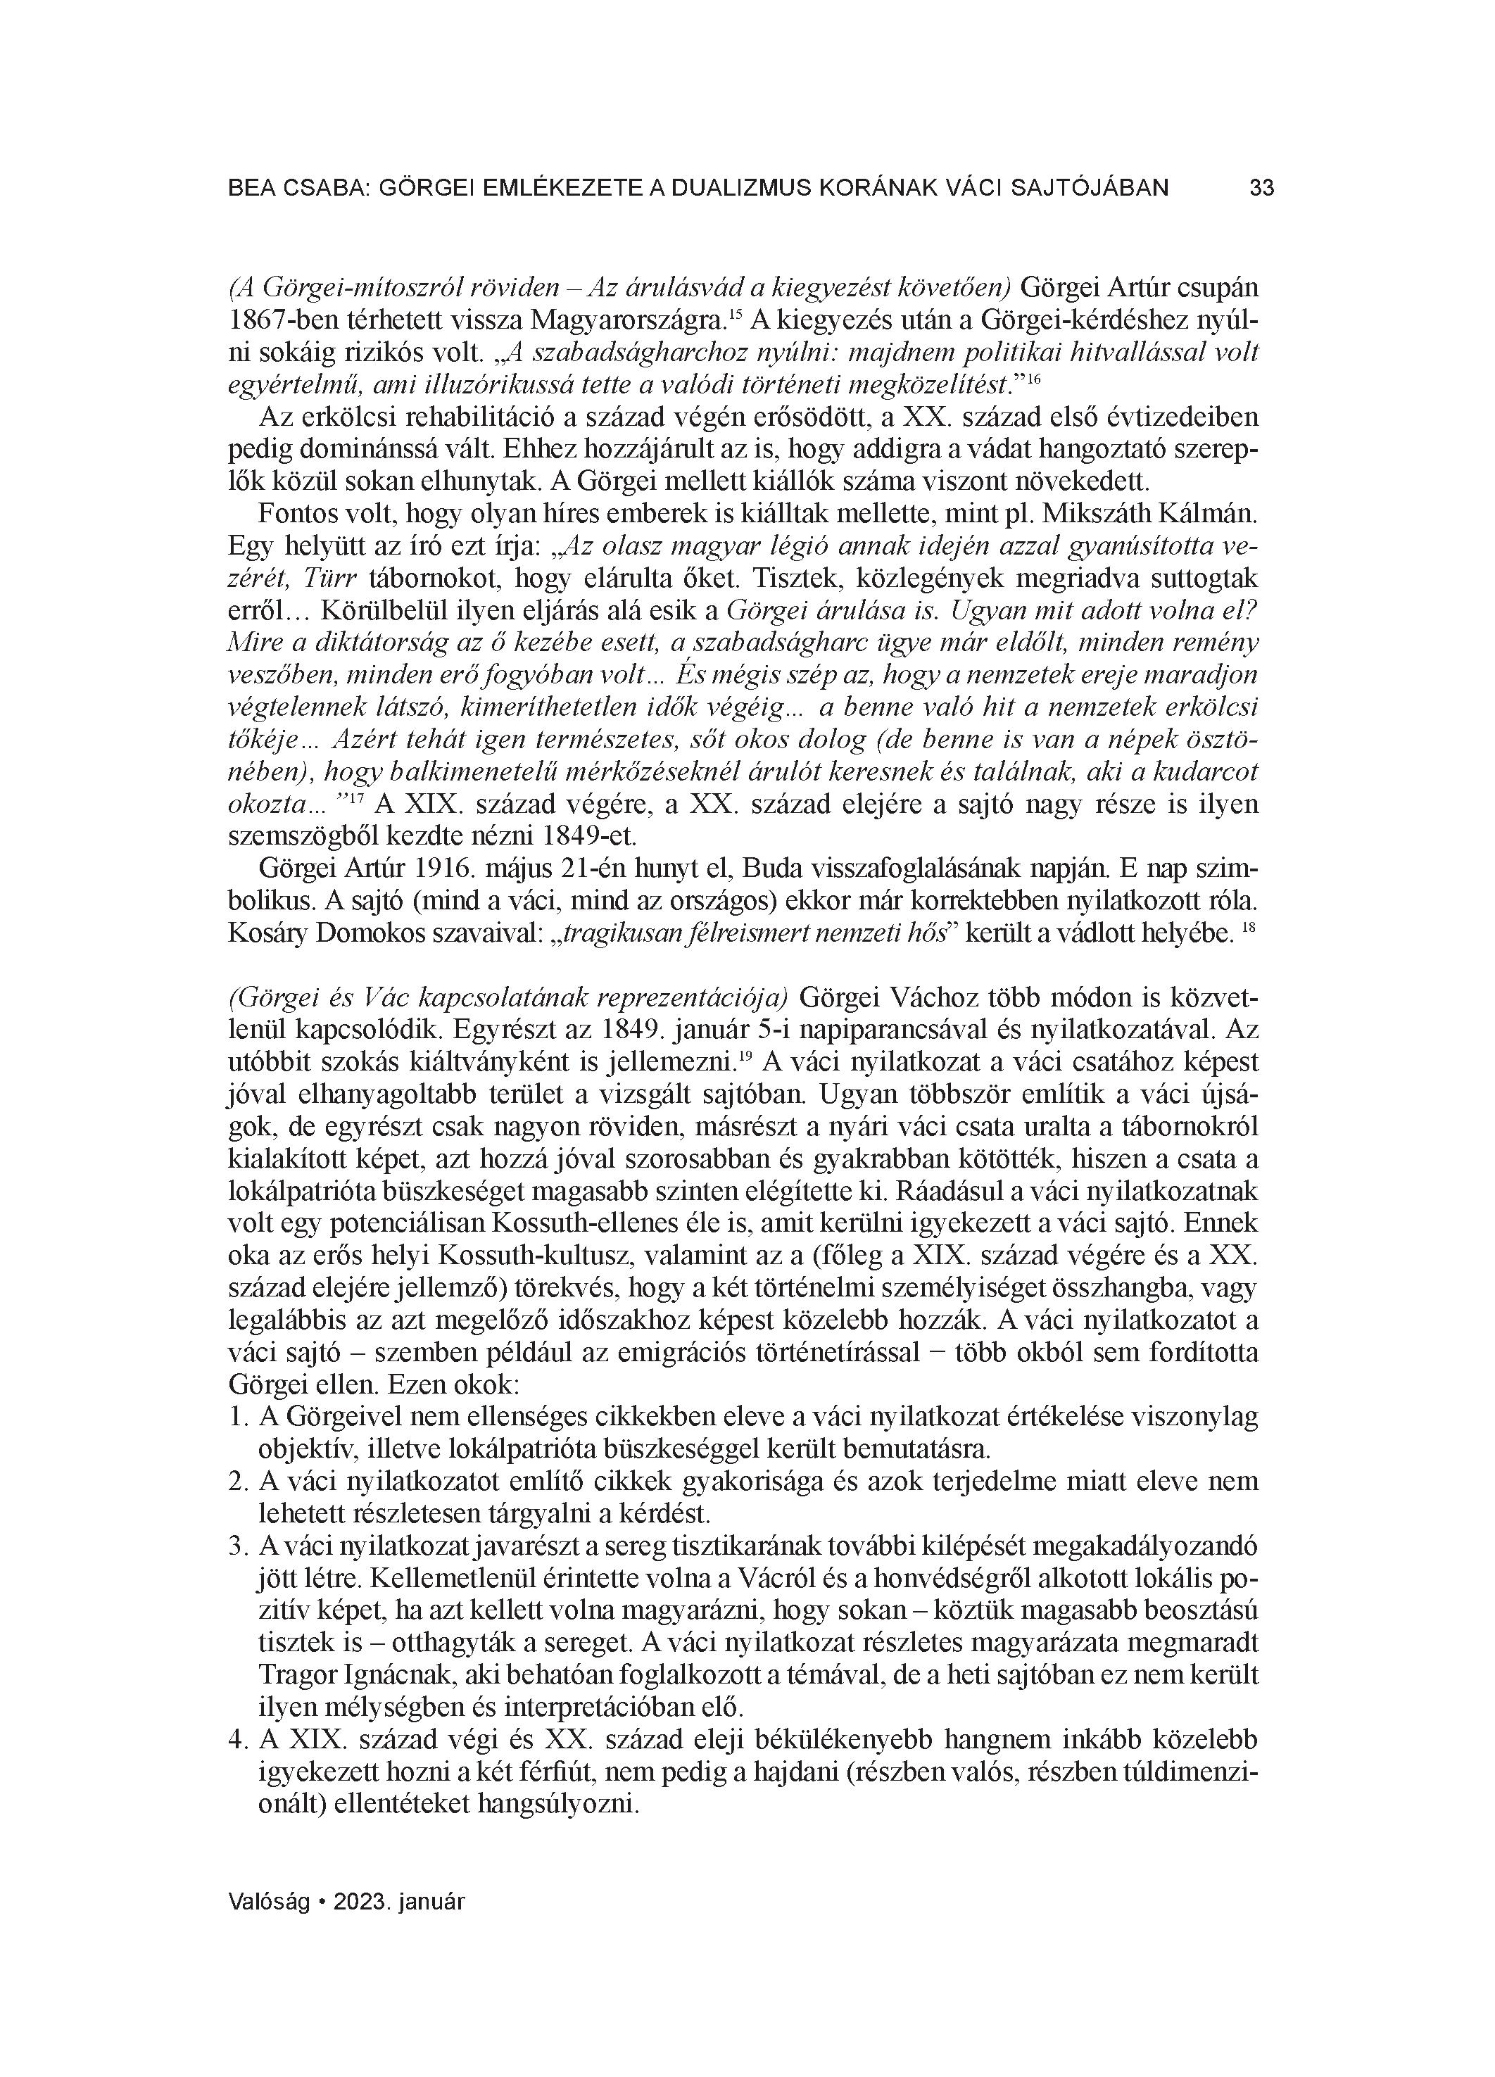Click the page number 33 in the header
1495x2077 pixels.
(1261, 188)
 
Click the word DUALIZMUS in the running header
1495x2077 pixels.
(738, 188)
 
